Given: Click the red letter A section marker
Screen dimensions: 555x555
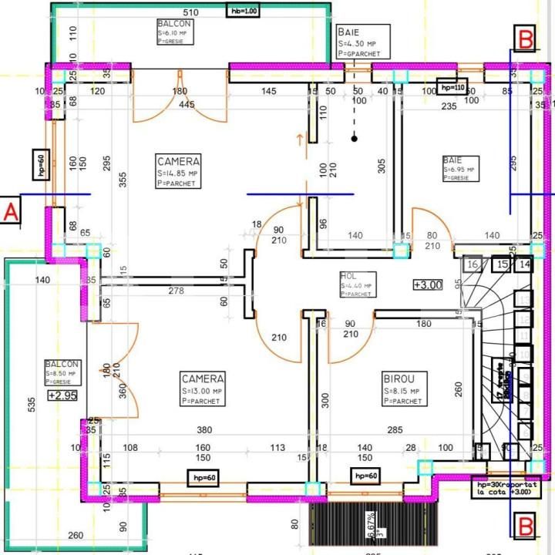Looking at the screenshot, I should pyautogui.click(x=11, y=212).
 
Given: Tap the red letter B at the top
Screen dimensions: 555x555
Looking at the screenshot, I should pyautogui.click(x=526, y=36).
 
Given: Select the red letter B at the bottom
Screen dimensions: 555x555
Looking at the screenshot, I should pyautogui.click(x=526, y=527).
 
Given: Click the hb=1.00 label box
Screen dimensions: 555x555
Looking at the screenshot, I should pyautogui.click(x=243, y=11).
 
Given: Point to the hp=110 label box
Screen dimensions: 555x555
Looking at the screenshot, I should pyautogui.click(x=452, y=88).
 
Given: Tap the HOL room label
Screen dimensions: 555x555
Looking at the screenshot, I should pyautogui.click(x=348, y=276).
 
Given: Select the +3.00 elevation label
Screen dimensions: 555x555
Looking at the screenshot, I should pyautogui.click(x=428, y=284).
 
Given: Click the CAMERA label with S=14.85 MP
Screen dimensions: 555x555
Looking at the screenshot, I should pyautogui.click(x=179, y=162).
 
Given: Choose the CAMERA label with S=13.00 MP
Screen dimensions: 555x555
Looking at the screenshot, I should pyautogui.click(x=203, y=378).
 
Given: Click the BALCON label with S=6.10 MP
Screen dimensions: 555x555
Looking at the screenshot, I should pyautogui.click(x=173, y=24).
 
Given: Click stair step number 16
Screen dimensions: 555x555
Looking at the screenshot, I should pyautogui.click(x=474, y=265).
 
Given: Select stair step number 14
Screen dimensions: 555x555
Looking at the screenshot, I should pyautogui.click(x=524, y=265).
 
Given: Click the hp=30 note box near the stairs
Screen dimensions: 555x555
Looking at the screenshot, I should pyautogui.click(x=506, y=489).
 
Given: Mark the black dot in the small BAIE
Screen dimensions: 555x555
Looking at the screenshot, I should pyautogui.click(x=355, y=139).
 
